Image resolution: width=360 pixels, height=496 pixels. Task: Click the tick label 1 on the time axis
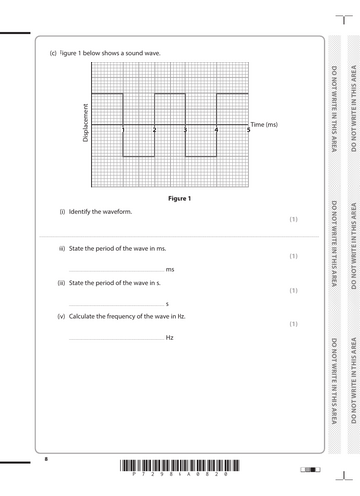tap(123, 130)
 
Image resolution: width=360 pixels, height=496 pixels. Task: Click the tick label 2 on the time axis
tap(154, 130)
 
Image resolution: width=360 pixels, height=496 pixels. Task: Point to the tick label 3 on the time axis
tap(185, 130)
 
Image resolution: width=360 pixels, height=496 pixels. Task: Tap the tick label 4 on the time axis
tap(216, 130)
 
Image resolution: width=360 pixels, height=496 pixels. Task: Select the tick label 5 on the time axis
tap(247, 130)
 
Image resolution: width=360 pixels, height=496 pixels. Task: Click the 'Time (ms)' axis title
tap(265, 124)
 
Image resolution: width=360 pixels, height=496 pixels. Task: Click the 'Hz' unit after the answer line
tap(170, 338)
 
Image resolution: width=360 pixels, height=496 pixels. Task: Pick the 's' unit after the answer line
tap(167, 304)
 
